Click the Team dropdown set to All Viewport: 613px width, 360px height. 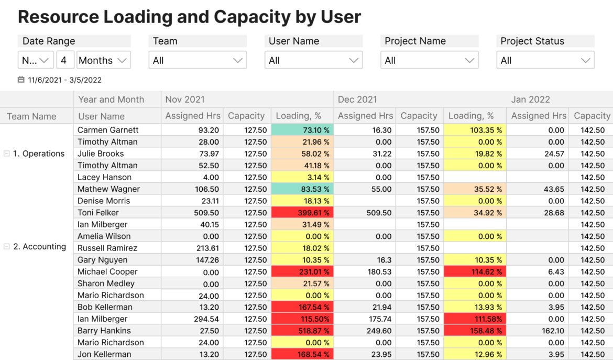(x=198, y=60)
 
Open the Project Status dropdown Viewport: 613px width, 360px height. (x=545, y=60)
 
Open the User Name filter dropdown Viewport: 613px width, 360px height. (x=313, y=60)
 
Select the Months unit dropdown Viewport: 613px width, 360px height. (x=103, y=60)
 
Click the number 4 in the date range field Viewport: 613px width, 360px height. (x=64, y=60)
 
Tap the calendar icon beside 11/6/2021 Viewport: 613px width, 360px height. (x=21, y=80)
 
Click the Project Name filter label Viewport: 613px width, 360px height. (x=415, y=41)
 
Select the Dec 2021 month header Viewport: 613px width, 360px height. (x=357, y=100)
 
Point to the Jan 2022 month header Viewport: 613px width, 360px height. (x=530, y=100)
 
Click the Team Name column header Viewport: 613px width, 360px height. (x=31, y=116)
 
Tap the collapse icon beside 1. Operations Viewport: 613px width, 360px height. (x=7, y=154)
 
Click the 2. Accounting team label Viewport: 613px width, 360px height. (x=40, y=247)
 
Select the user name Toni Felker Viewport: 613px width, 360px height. (x=98, y=213)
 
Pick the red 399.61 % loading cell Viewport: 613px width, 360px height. (x=302, y=213)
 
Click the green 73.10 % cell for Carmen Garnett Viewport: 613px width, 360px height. (x=302, y=130)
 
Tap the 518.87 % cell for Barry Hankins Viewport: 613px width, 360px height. (x=302, y=331)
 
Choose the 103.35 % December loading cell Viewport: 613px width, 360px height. (x=475, y=130)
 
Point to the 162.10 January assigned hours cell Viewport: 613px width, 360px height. (x=552, y=331)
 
